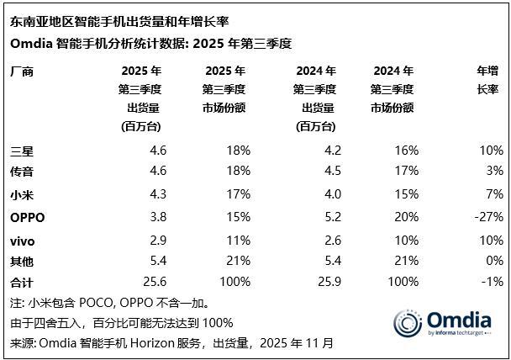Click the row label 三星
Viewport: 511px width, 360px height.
pyautogui.click(x=23, y=151)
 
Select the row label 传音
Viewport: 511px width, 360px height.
pyautogui.click(x=23, y=171)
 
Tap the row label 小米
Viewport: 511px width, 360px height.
pyautogui.click(x=23, y=194)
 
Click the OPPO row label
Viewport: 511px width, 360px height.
pyautogui.click(x=27, y=217)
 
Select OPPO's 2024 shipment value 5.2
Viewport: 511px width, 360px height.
pyautogui.click(x=326, y=217)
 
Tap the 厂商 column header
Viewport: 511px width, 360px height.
pyautogui.click(x=23, y=71)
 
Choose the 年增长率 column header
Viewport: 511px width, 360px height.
pyautogui.click(x=487, y=80)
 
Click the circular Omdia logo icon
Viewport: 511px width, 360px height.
pyautogui.click(x=408, y=325)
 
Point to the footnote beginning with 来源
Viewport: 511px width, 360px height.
pyautogui.click(x=171, y=343)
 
